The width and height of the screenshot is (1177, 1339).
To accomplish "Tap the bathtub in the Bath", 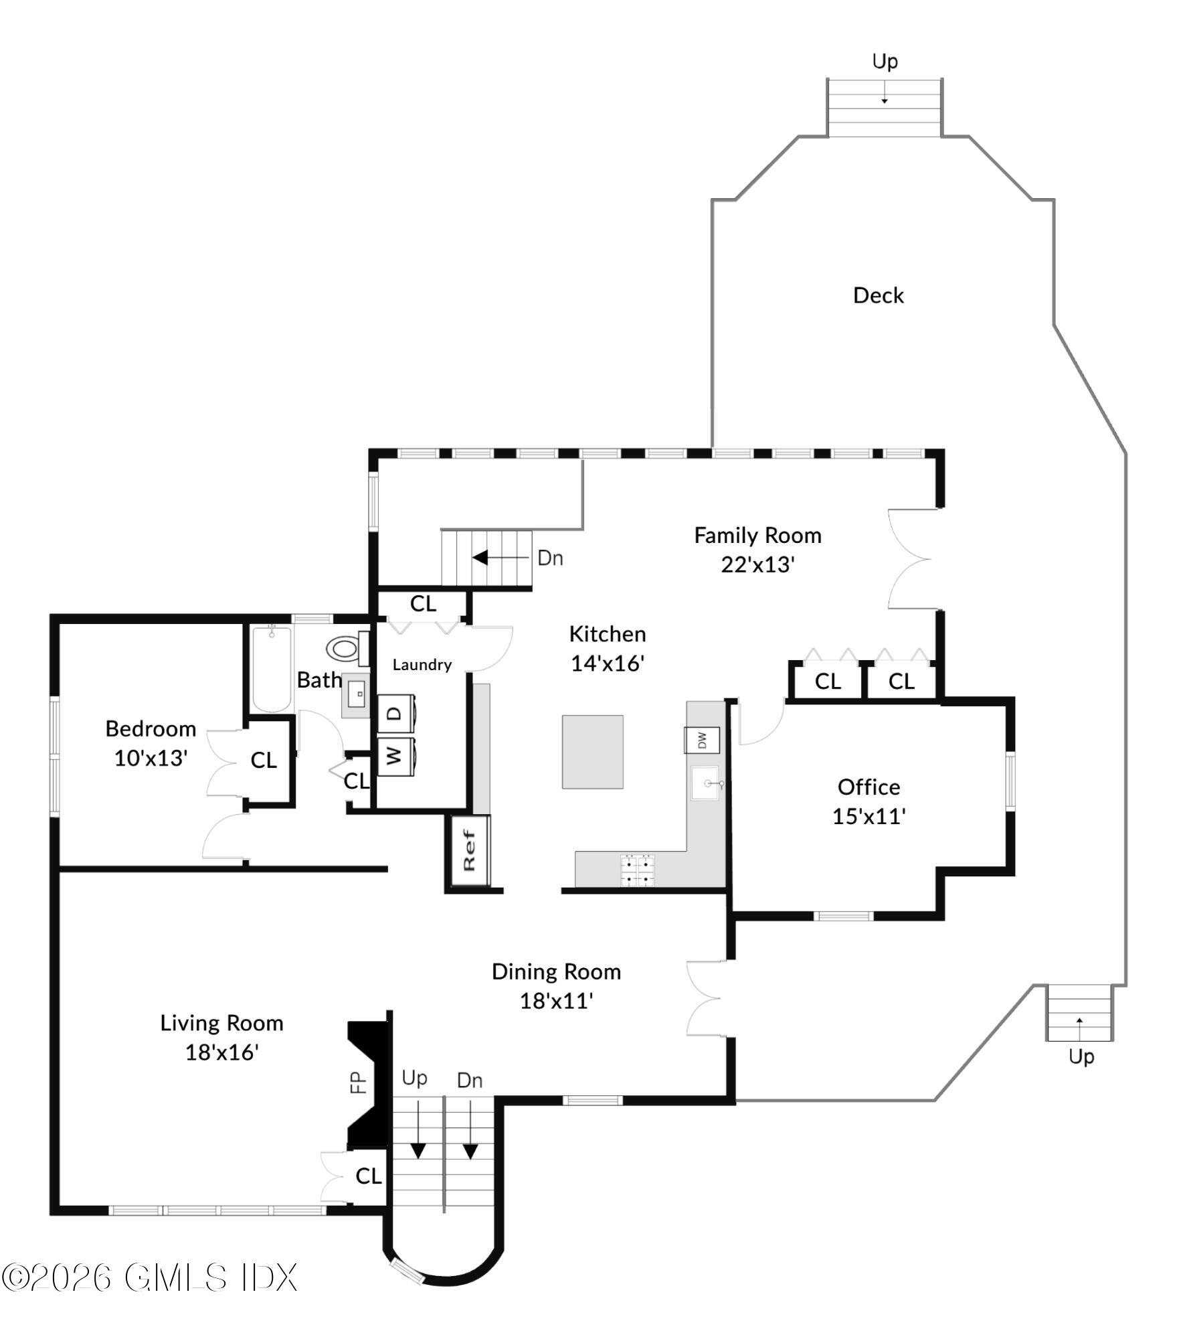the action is [272, 668].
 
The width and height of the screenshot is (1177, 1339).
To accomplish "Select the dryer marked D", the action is [396, 714].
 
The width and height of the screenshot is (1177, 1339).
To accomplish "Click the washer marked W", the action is [396, 756].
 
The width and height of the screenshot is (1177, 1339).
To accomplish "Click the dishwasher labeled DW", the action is [701, 740].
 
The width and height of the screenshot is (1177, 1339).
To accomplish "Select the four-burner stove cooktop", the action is [638, 870].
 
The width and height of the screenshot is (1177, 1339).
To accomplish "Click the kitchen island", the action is [592, 752].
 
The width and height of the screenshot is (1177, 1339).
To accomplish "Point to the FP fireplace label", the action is [359, 1082].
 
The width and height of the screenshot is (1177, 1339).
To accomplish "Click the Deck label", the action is [878, 295].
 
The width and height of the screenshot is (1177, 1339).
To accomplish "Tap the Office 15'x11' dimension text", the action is [869, 816].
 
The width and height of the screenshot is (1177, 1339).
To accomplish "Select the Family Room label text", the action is [757, 535].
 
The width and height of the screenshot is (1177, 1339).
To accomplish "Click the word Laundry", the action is [422, 665].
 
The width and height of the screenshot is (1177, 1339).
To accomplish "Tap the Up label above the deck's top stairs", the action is [885, 62].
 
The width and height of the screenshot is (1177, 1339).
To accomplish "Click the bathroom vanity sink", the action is [356, 696].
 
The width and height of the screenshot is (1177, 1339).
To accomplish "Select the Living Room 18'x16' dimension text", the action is [221, 1052].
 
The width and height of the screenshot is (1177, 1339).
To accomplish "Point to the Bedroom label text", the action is [151, 728].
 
